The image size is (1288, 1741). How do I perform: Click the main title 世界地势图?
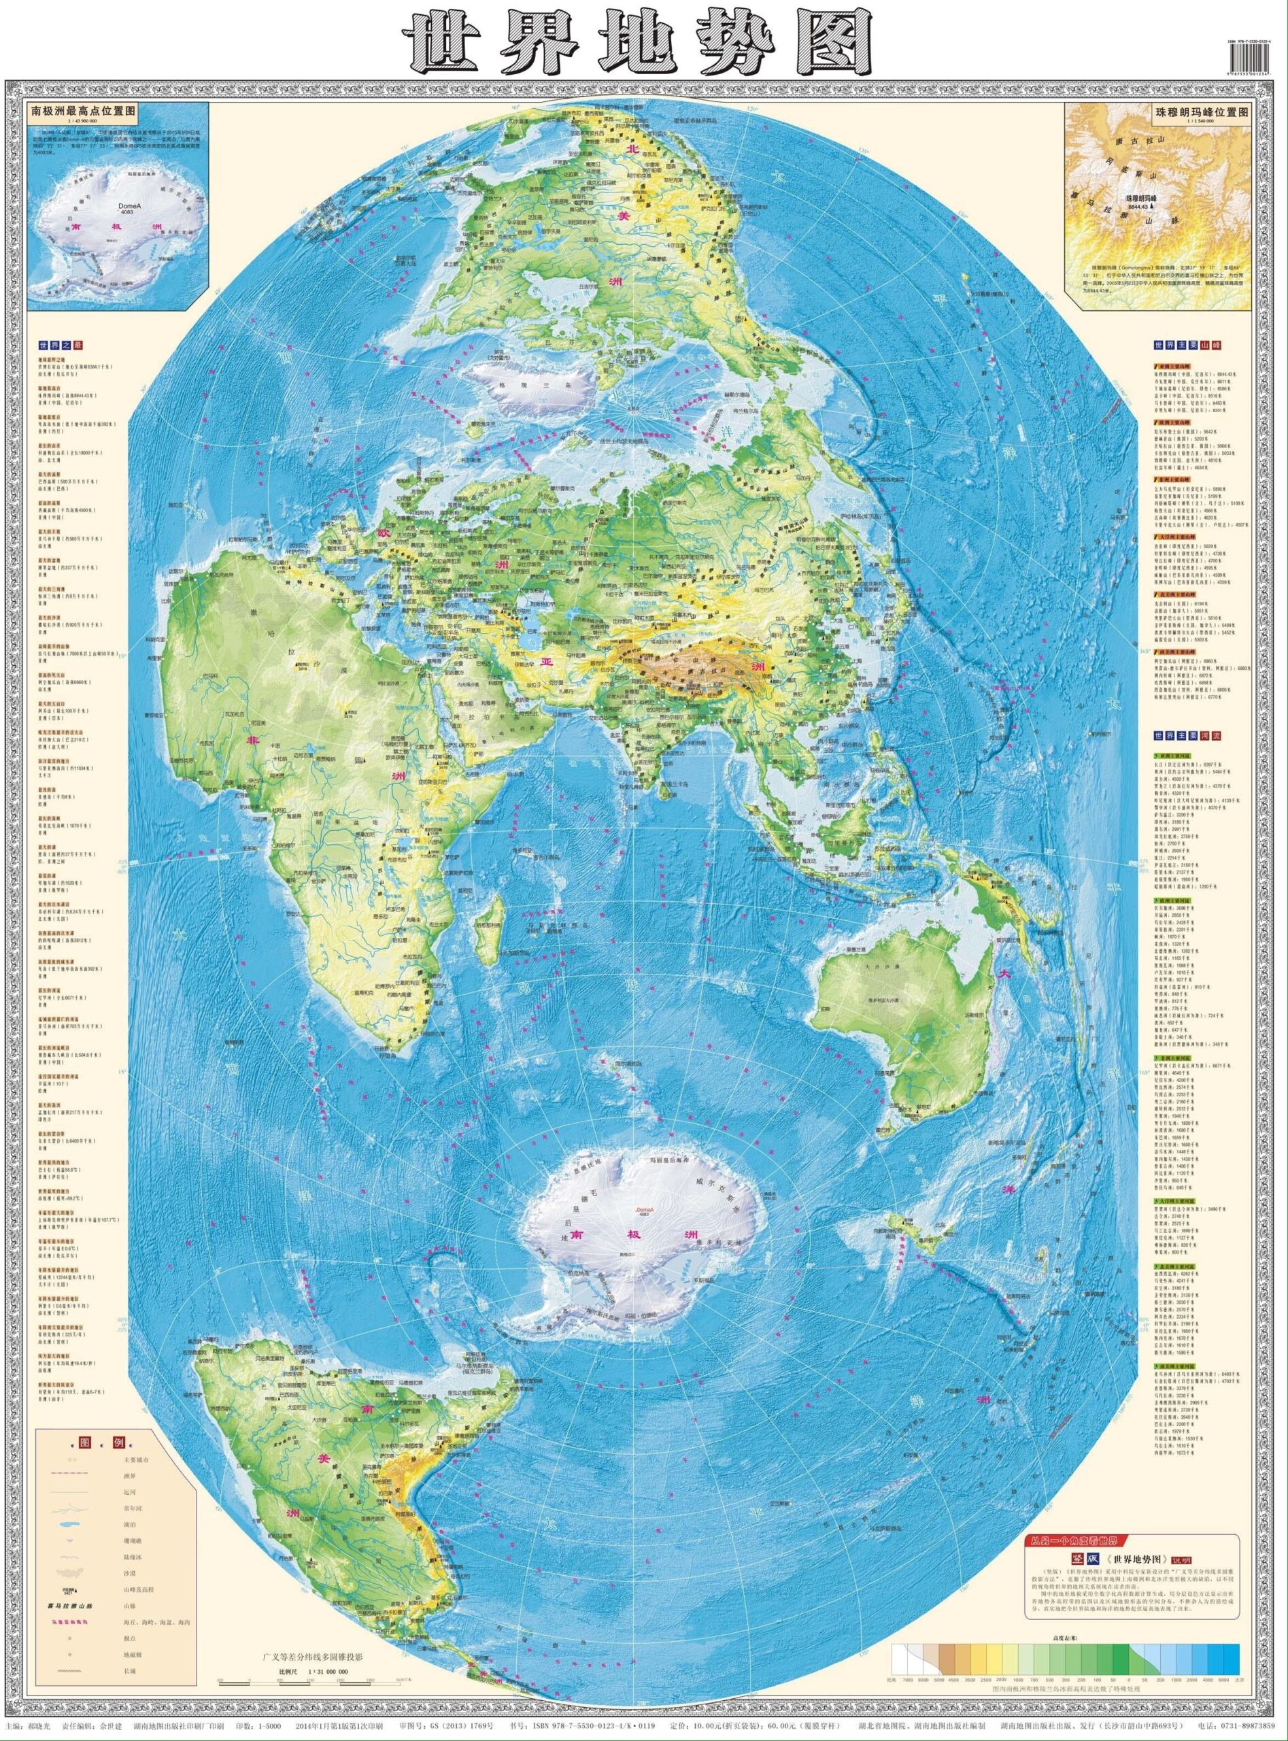coord(635,43)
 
